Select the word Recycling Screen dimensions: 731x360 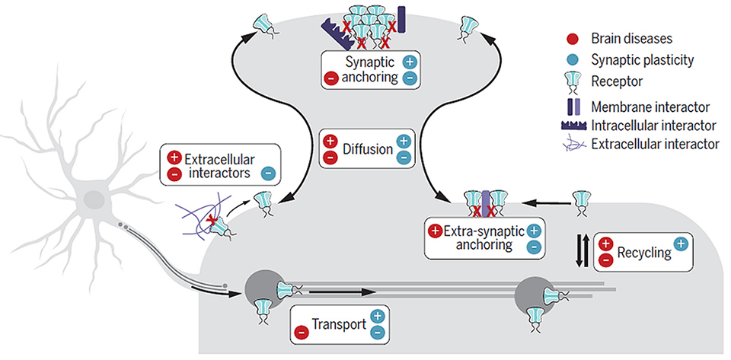pyautogui.click(x=644, y=253)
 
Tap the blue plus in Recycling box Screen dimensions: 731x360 pyautogui.click(x=680, y=244)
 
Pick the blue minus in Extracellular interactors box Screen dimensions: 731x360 pyautogui.click(x=269, y=174)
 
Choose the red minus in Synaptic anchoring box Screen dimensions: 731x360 pyautogui.click(x=330, y=78)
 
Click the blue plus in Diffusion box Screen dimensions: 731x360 pyautogui.click(x=404, y=140)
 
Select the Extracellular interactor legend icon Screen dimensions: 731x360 pyautogui.click(x=572, y=145)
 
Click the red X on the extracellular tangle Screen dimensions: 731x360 pyautogui.click(x=212, y=219)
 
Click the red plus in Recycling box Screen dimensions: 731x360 pyautogui.click(x=605, y=243)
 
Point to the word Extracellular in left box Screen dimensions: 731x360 pyautogui.click(x=220, y=160)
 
